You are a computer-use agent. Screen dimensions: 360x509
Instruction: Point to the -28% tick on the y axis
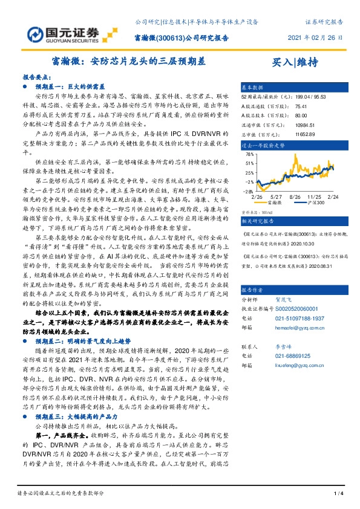coord(249,191)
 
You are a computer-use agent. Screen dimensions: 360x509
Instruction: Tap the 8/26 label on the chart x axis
coord(295,196)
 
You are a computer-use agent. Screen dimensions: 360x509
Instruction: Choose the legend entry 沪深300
coord(315,203)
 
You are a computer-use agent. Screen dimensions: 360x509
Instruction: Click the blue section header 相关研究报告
coord(257,222)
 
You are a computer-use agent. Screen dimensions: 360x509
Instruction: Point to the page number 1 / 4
coord(338,493)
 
